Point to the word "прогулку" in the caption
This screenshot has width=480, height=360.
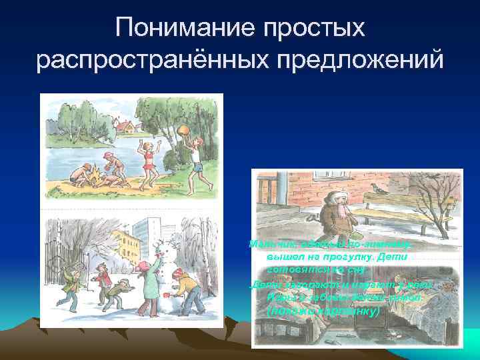tap(352, 256)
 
